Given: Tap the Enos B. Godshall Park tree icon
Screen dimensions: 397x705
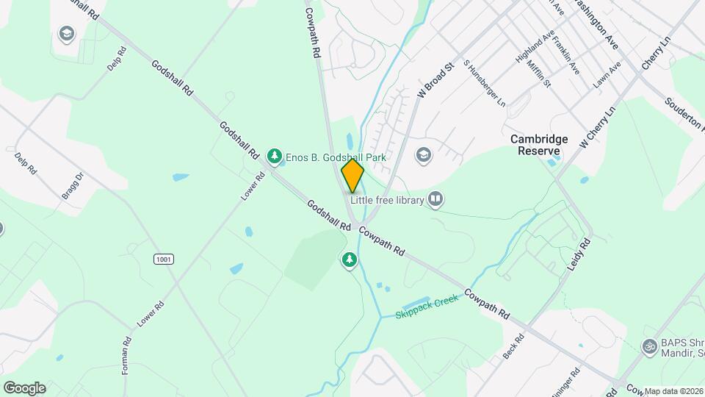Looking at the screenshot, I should (275, 156).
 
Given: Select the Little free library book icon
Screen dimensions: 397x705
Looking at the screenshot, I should (435, 199).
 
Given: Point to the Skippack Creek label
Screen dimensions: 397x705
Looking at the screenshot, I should (427, 305).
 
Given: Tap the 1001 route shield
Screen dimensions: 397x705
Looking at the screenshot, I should (163, 259).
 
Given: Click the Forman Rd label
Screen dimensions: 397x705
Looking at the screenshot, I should (126, 356).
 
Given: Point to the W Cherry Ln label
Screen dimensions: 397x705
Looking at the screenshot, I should (596, 127).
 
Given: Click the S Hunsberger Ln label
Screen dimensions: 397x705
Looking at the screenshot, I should (485, 83).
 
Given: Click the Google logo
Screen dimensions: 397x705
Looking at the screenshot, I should (24, 387).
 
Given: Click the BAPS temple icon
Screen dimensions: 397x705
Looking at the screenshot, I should (648, 346).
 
